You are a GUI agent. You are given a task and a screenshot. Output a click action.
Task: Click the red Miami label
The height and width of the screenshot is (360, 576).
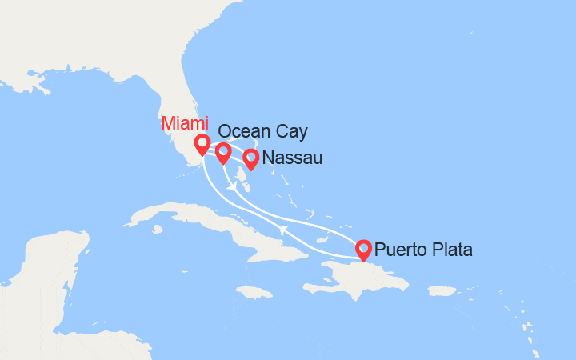pos(186,124)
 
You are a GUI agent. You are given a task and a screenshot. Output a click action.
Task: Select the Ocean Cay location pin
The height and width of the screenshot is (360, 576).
pos(223,151)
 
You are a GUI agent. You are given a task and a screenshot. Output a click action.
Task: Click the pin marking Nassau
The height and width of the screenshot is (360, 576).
pos(250,158)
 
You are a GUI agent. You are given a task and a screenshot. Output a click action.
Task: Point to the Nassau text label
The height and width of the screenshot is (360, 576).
pos(292,158)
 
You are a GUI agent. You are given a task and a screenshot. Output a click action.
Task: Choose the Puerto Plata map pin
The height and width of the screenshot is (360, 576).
pos(363,250)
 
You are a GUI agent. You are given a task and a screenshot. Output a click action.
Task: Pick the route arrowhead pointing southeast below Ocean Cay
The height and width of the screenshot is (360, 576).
pos(231,187)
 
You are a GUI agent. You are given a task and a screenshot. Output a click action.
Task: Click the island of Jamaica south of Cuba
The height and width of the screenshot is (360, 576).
pos(254,292)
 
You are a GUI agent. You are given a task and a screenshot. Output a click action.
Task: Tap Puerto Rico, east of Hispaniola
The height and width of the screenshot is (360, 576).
pos(442,290)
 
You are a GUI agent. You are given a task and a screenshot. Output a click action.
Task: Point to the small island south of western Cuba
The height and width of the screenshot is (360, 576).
pos(158,230)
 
